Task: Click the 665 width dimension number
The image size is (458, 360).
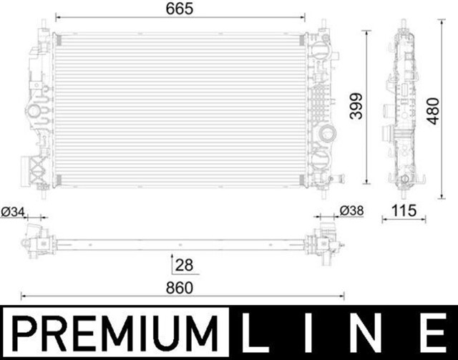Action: [180, 9]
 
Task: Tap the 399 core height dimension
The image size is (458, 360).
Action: [356, 106]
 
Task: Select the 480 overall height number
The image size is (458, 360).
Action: [432, 111]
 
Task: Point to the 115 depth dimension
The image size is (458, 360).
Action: [404, 210]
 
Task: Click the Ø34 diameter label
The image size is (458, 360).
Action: [13, 212]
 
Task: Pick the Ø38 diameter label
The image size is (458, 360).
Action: [351, 210]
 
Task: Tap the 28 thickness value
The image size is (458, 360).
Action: [184, 265]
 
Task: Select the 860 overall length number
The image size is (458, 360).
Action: [180, 288]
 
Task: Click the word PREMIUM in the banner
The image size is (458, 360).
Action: [114, 333]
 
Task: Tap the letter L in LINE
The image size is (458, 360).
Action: [251, 333]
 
